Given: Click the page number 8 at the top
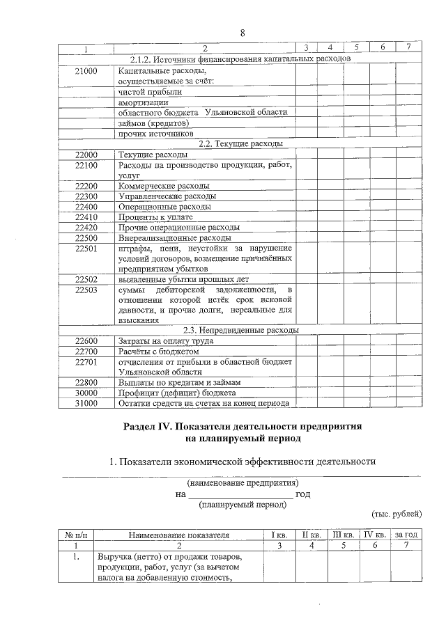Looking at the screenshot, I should [x=242, y=33].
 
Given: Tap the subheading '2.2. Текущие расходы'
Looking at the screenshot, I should [x=240, y=143].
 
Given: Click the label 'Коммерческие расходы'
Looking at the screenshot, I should [x=164, y=186].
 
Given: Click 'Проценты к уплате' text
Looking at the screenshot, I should [x=155, y=217].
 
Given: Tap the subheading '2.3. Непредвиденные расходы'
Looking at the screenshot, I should [x=240, y=330].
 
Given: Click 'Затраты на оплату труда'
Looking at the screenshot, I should [x=166, y=340].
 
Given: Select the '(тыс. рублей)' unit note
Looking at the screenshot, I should [x=396, y=514].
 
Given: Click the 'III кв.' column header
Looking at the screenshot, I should [x=343, y=535].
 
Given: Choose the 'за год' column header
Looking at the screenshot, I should [x=406, y=535].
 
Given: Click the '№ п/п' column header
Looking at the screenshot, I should [x=75, y=535].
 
